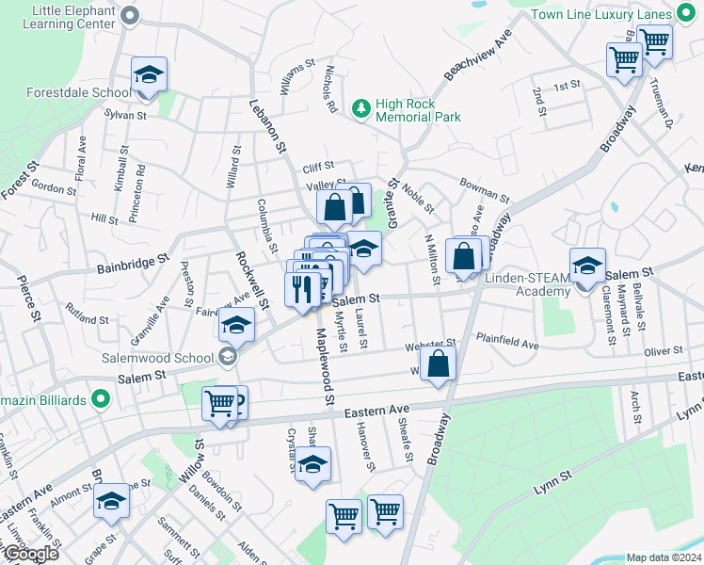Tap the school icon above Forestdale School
149,74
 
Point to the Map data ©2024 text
664,557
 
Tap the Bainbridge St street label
132,263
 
